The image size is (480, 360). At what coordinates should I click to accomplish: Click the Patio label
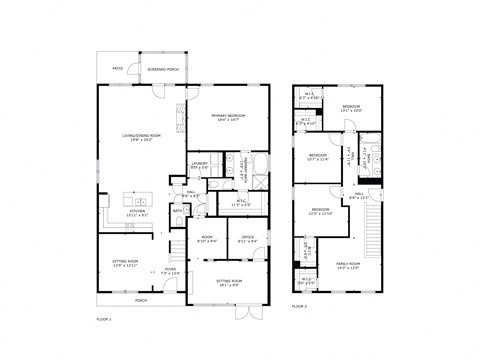tap(118, 69)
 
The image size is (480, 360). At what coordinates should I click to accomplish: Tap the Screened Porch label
tap(163, 70)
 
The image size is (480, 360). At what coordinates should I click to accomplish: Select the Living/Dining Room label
tap(140, 138)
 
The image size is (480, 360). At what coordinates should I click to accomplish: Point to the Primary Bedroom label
tap(229, 118)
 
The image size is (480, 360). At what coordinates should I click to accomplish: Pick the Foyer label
tap(171, 269)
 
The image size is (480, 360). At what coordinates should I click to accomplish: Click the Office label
tap(247, 239)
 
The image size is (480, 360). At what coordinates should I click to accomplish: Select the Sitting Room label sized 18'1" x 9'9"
tap(229, 283)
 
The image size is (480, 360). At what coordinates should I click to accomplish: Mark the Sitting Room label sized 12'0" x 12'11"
tap(124, 264)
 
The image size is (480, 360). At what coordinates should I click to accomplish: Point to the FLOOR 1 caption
tap(104, 318)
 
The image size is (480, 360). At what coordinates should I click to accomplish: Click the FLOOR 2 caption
tap(300, 318)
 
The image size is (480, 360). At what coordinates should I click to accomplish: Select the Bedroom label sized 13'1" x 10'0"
tap(351, 108)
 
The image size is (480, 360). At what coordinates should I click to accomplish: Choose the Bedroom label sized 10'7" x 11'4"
tap(318, 157)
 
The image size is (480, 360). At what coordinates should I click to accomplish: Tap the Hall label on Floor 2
tap(358, 195)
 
